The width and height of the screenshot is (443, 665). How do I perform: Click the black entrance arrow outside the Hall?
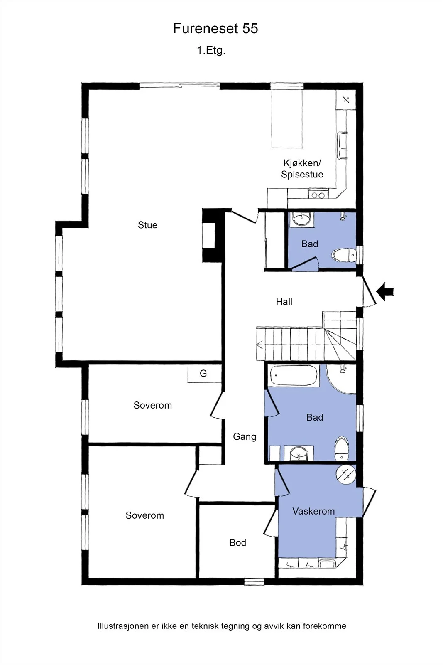[x=385, y=291]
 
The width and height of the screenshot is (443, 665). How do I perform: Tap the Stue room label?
[x=147, y=225]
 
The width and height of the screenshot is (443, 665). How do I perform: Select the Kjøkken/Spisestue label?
[x=302, y=169]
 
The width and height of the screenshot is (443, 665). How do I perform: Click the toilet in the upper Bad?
[x=344, y=255]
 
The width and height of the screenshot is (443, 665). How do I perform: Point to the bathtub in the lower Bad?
[x=293, y=376]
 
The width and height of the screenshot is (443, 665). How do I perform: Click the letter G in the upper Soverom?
[x=203, y=374]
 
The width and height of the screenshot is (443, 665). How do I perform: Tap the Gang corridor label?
[x=244, y=437]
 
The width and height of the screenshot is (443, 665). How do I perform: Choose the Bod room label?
[x=237, y=543]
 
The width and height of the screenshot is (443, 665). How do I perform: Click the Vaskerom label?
[x=313, y=511]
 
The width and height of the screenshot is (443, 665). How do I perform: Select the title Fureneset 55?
[x=215, y=29]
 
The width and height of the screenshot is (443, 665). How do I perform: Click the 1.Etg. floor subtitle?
[x=211, y=50]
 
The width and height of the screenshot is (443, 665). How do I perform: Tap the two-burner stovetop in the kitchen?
[x=318, y=195]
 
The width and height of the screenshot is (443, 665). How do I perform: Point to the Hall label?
[x=284, y=302]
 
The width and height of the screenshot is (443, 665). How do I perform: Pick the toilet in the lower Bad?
[x=342, y=449]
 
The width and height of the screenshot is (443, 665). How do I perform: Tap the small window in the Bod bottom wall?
[x=254, y=581]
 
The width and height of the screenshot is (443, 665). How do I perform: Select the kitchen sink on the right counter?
[x=342, y=146]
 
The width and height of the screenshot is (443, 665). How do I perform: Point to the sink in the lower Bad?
[x=299, y=453]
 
